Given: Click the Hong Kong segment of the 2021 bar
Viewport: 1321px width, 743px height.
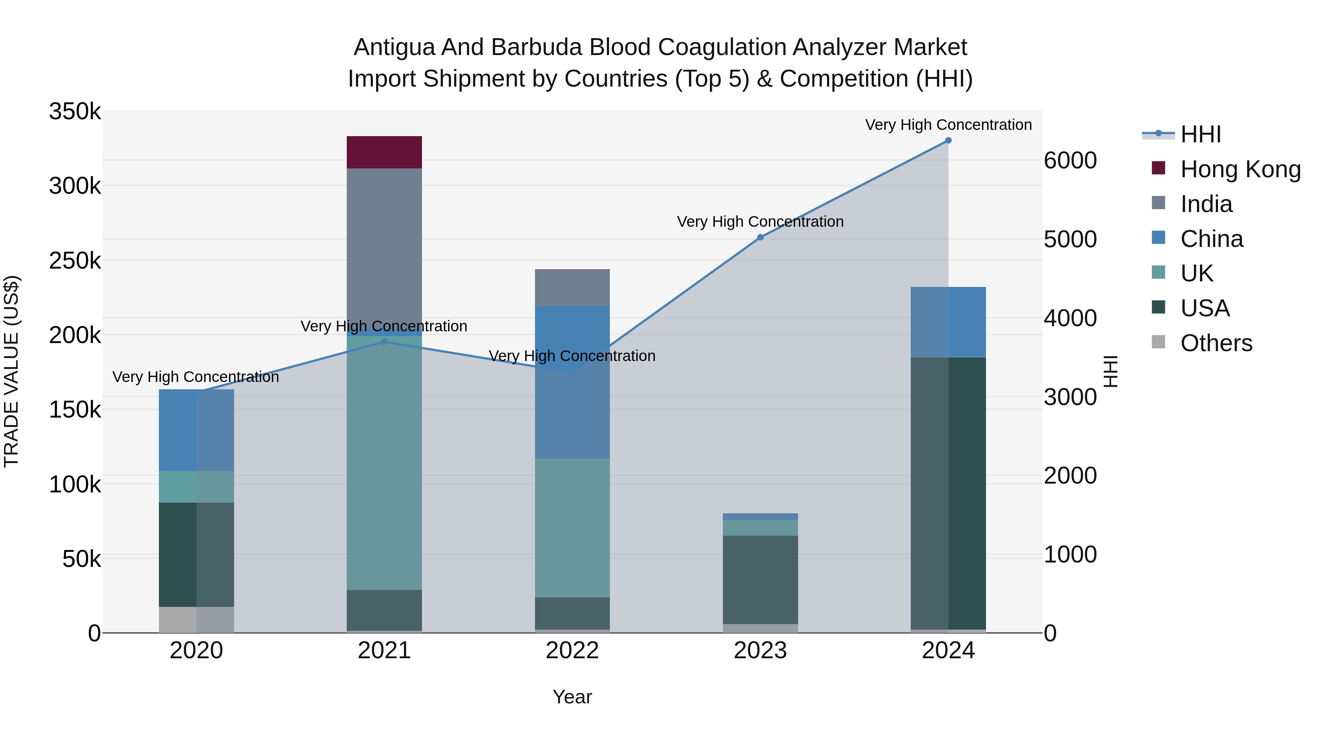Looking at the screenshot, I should point(384,152).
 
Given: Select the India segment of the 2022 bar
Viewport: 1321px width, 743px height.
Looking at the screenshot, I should point(572,288).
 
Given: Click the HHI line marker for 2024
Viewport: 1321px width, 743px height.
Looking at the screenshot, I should point(948,141).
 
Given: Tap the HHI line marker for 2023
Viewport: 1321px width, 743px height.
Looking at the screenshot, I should point(761,237).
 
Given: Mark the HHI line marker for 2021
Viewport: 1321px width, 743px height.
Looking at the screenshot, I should point(385,342).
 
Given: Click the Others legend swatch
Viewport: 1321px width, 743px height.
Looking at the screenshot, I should point(1158,342).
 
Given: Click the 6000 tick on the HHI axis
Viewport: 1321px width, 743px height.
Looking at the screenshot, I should point(1071,160).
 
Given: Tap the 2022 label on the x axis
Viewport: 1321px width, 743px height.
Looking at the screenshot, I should point(572,651).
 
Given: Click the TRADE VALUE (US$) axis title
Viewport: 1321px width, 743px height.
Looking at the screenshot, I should point(11,371).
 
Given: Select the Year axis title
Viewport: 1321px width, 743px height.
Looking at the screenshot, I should point(572,697).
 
